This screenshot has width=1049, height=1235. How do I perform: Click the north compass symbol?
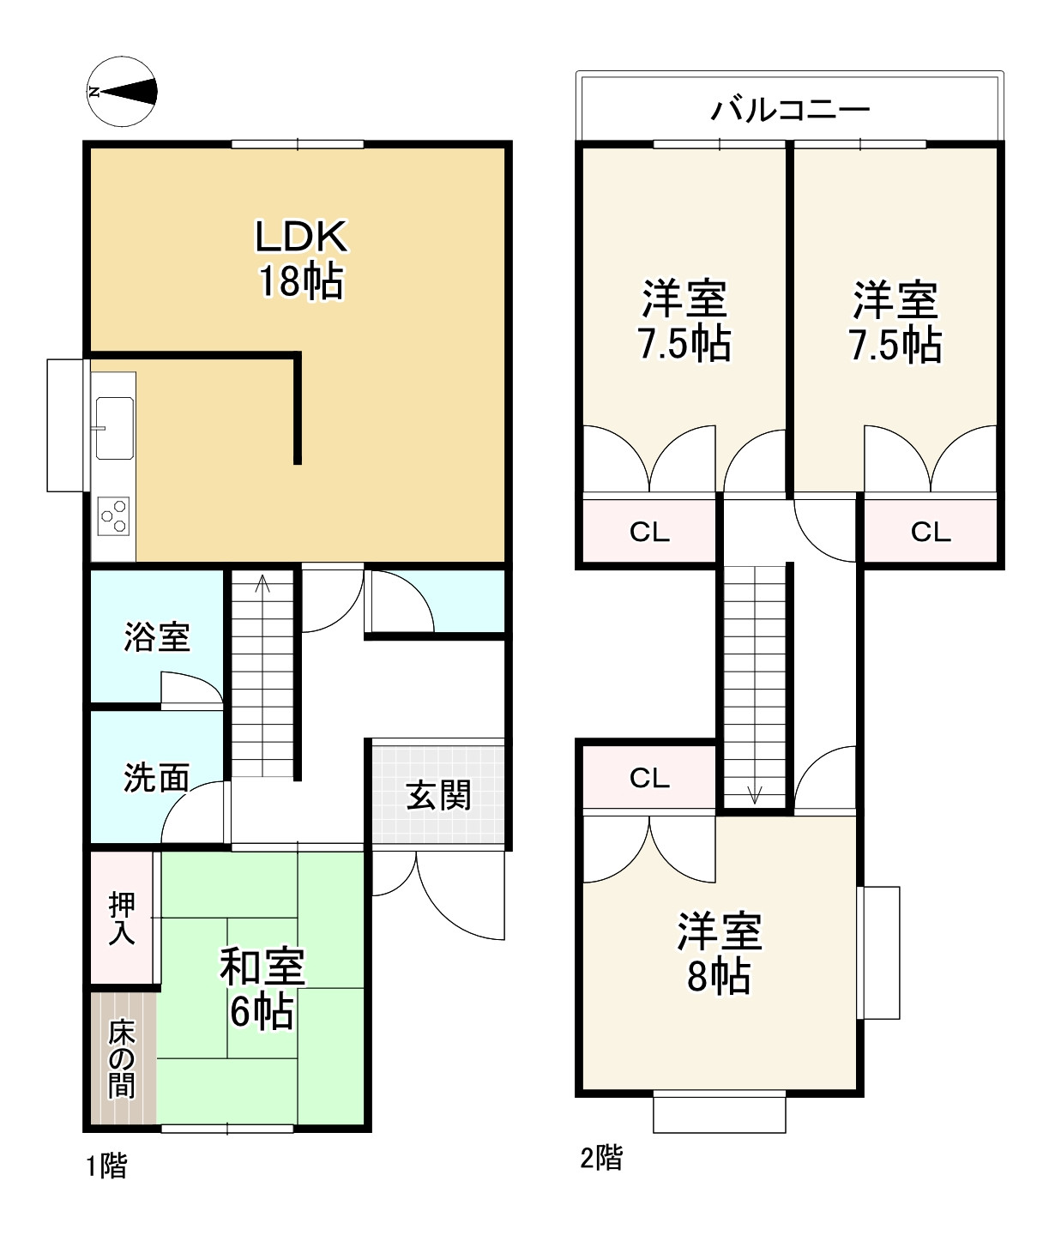tap(122, 92)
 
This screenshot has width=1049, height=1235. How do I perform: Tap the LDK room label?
tap(301, 238)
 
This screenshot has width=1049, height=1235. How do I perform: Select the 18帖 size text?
tap(301, 281)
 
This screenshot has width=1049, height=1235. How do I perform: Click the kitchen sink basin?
tap(114, 429)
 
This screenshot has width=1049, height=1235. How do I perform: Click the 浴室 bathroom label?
tap(157, 637)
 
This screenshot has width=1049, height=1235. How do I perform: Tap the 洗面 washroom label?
tap(157, 778)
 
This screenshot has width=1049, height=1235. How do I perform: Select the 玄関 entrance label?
tap(438, 795)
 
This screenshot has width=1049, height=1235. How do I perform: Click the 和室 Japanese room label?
tap(262, 967)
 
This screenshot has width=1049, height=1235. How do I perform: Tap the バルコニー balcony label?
tap(790, 110)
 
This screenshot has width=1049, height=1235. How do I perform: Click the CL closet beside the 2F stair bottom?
tap(649, 778)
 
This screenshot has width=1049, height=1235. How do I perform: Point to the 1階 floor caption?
tap(107, 1166)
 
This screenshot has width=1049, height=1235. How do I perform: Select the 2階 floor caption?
tap(601, 1158)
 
